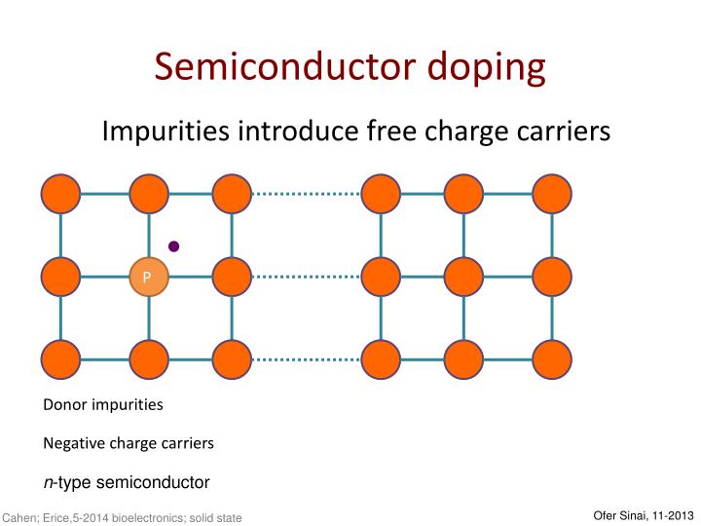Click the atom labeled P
149,277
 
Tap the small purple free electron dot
174,246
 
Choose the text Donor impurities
103,404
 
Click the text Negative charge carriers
128,443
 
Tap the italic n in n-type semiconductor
47,482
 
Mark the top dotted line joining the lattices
306,195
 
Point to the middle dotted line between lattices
306,277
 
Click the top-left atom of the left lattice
60,195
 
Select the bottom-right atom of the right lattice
552,359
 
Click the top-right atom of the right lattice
552,195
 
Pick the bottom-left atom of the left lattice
60,359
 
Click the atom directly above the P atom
149,195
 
